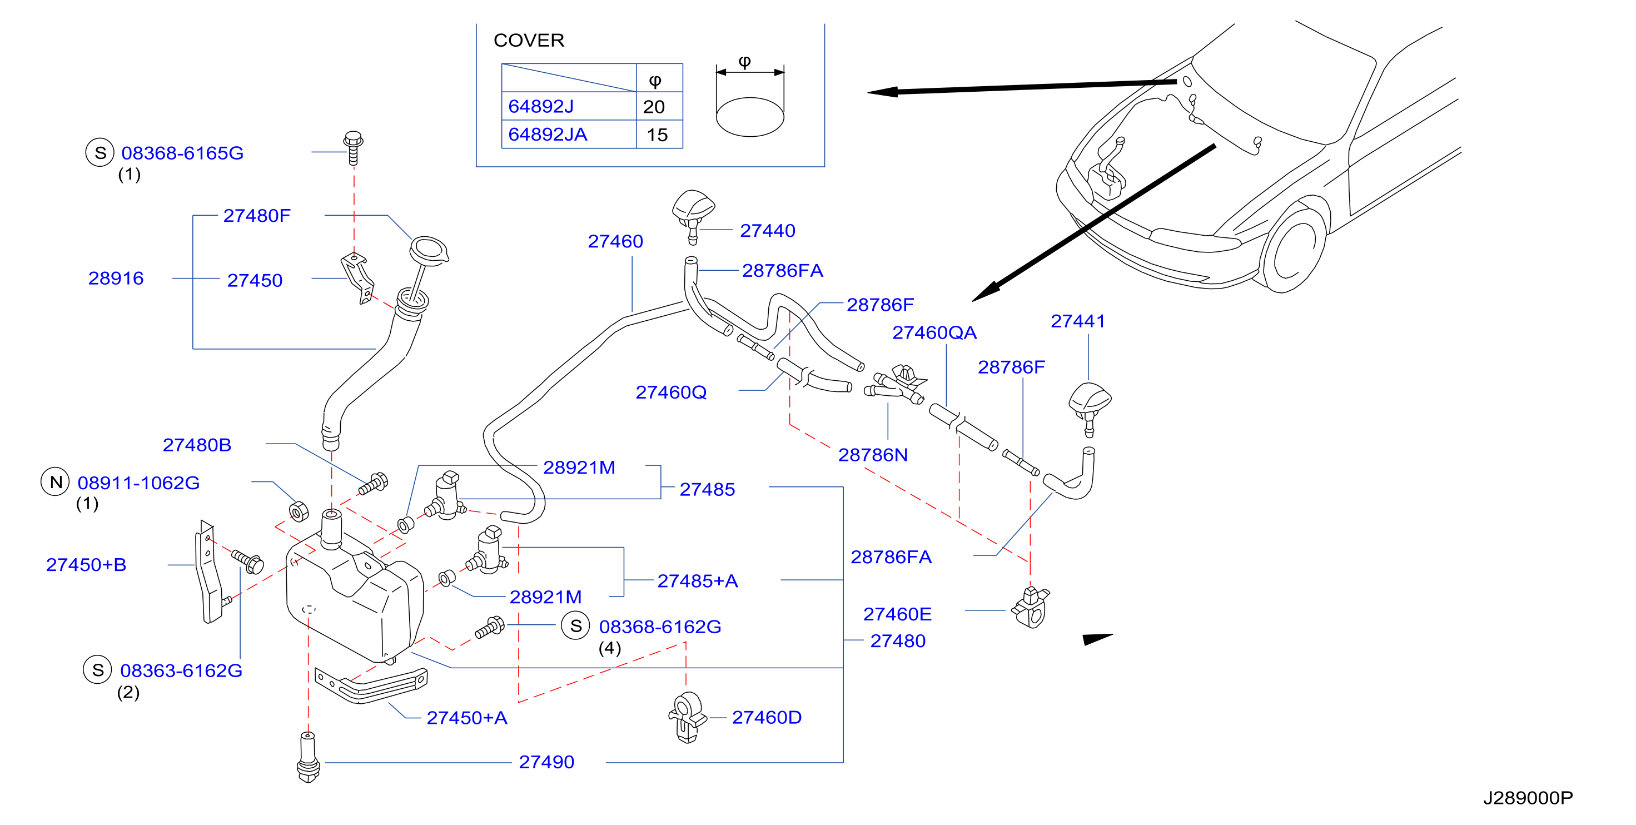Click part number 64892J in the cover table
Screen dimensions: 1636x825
[x=540, y=106]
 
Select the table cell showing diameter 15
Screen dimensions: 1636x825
[x=659, y=135]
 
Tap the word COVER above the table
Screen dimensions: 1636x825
[x=529, y=40]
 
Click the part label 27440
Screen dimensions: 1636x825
[x=767, y=231]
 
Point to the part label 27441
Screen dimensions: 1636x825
[x=1078, y=321]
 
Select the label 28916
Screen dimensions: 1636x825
[x=116, y=278]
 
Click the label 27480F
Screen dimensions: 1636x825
[x=257, y=216]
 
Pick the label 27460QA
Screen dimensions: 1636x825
[x=934, y=333]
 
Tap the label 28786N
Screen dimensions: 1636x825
[x=873, y=455]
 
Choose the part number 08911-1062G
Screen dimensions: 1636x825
[x=138, y=483]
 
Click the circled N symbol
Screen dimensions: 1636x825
[x=55, y=482]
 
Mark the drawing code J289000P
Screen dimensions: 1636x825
[x=1528, y=798]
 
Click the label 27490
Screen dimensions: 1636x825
[x=546, y=762]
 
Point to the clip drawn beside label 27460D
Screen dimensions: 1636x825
[x=687, y=718]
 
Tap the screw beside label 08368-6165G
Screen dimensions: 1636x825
[x=353, y=148]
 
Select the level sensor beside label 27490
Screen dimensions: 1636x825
[x=309, y=757]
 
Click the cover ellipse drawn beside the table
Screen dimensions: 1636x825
[x=749, y=117]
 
